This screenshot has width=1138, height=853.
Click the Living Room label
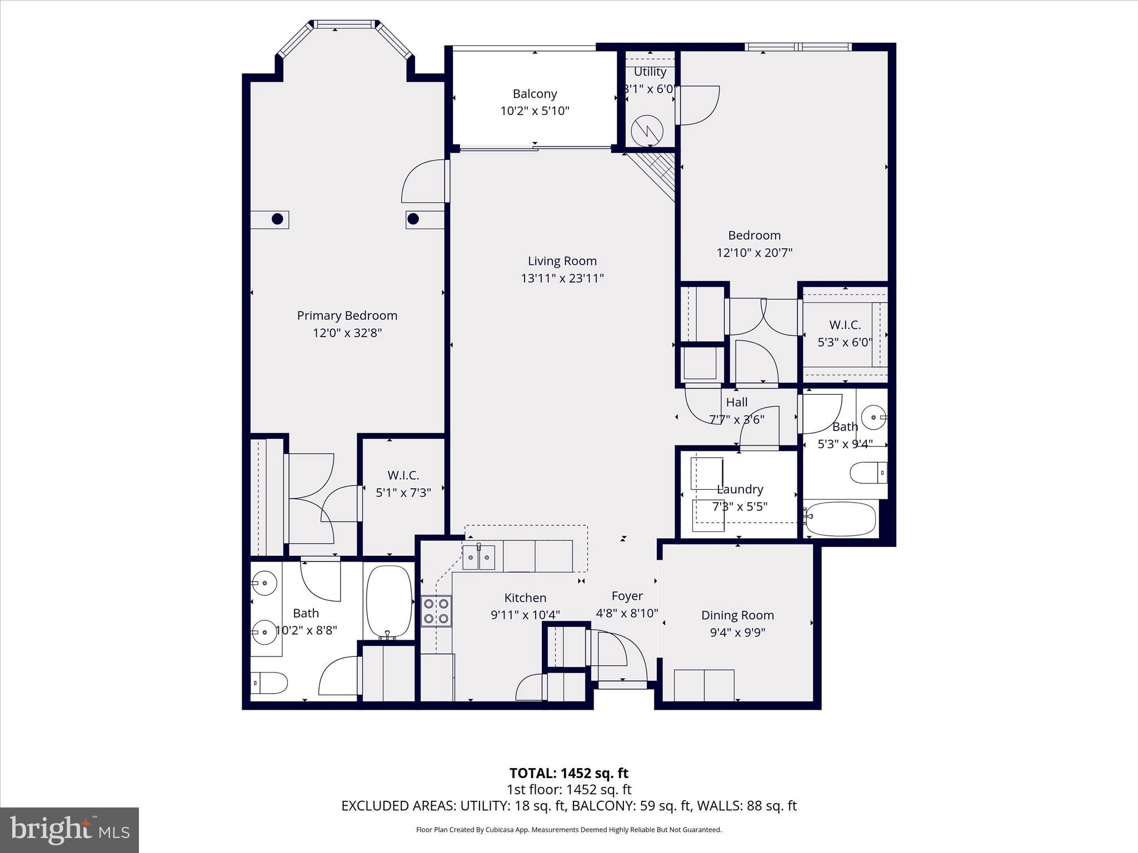coord(562,261)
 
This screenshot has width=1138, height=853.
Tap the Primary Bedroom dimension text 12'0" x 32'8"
coord(347,333)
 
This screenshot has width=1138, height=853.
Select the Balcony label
coord(535,94)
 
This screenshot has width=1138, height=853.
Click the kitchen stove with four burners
coord(436,610)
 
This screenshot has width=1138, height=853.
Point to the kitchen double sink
coord(478,558)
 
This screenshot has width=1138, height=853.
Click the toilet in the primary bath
coord(269,683)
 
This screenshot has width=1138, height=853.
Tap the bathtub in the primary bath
coord(389,603)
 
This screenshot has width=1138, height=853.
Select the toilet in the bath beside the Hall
coord(869,473)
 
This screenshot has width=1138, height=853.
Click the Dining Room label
coord(737,615)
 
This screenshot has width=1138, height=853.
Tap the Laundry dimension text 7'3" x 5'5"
coord(740,506)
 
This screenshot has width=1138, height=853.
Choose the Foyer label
coord(627,596)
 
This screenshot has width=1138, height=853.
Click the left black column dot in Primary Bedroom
coord(277,219)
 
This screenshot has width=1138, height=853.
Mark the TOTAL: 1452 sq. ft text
coord(569,773)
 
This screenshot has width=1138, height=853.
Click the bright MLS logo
coord(69,830)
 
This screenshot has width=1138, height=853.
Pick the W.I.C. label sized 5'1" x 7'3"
coord(403,475)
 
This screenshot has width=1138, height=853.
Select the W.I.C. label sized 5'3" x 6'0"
coord(845,325)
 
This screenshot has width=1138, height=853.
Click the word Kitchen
coord(525,598)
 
